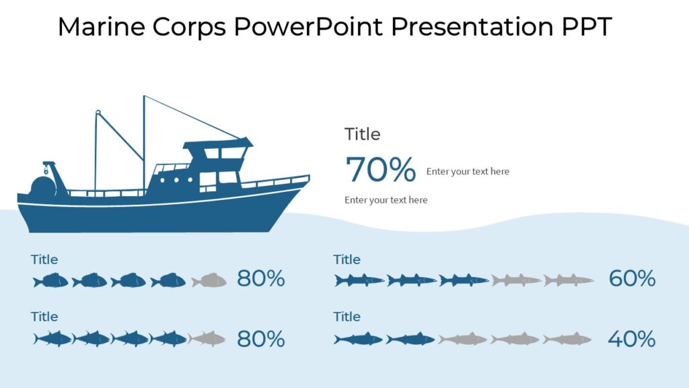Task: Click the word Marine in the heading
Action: [x=101, y=27]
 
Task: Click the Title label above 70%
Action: [x=362, y=134]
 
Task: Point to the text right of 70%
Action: [x=468, y=172]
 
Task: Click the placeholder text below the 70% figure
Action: [x=386, y=200]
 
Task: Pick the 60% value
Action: [x=632, y=278]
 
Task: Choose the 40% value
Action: [x=631, y=339]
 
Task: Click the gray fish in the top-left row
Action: [x=209, y=280]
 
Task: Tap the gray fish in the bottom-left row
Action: [x=207, y=339]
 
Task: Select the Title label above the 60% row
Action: [x=347, y=259]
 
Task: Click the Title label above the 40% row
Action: [x=347, y=317]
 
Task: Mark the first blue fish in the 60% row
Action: [x=359, y=280]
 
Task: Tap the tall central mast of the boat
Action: [x=144, y=141]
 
